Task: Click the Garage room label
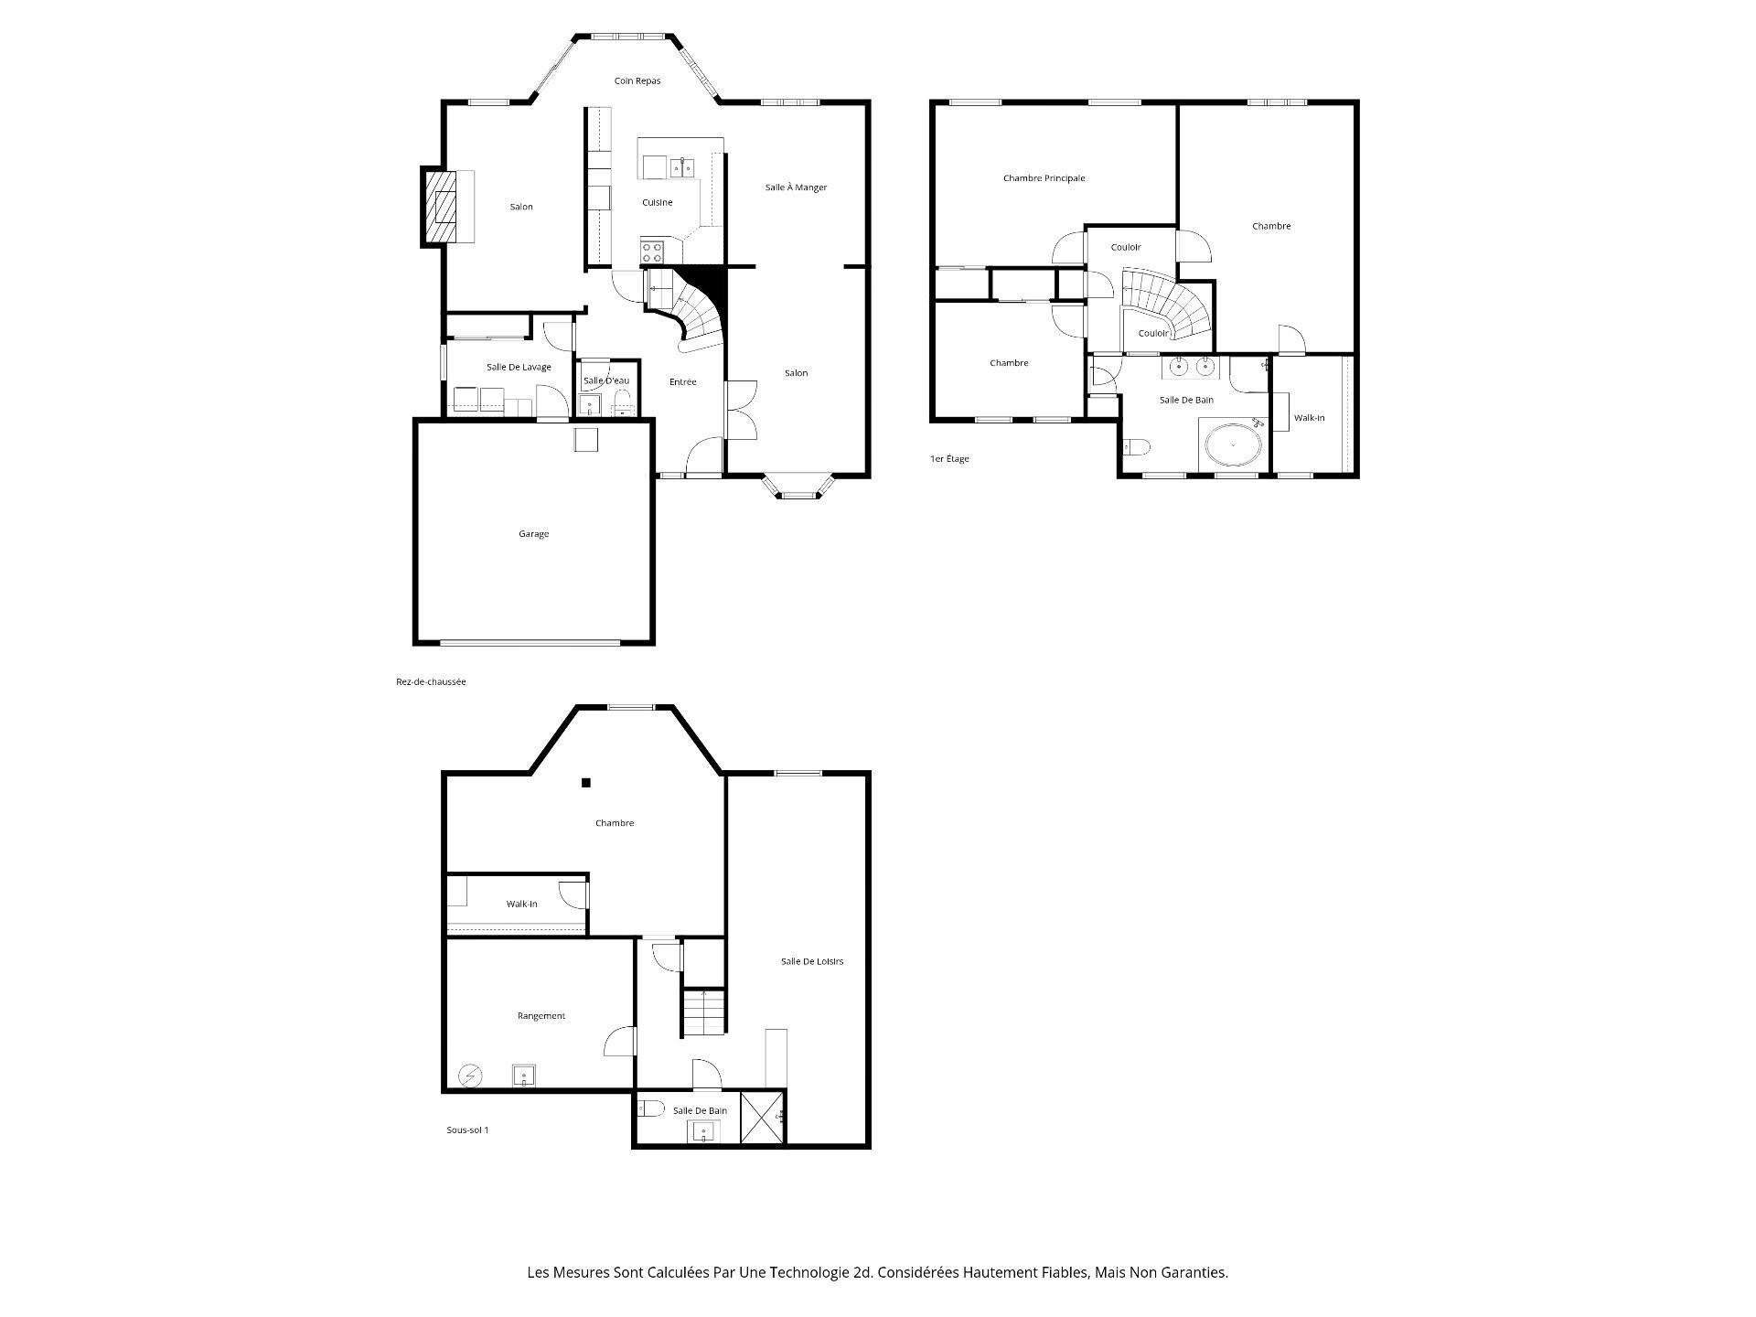[x=534, y=534]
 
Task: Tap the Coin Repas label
[x=637, y=81]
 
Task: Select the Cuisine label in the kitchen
[x=657, y=203]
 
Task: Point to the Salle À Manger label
[x=796, y=187]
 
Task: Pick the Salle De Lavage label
[x=519, y=368]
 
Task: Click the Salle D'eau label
[x=606, y=381]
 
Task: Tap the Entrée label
[x=682, y=382]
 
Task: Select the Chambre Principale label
[x=1044, y=178]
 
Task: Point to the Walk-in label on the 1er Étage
[x=1309, y=418]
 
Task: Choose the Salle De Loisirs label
[x=811, y=962]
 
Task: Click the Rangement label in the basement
[x=541, y=1016]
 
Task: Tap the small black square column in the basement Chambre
[x=586, y=783]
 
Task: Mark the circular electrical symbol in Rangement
[x=470, y=1076]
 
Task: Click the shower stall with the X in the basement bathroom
[x=762, y=1118]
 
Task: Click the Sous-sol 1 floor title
[x=467, y=1130]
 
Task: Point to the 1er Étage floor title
[x=949, y=459]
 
